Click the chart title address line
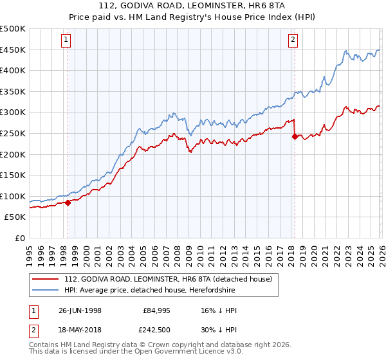[193, 7]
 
